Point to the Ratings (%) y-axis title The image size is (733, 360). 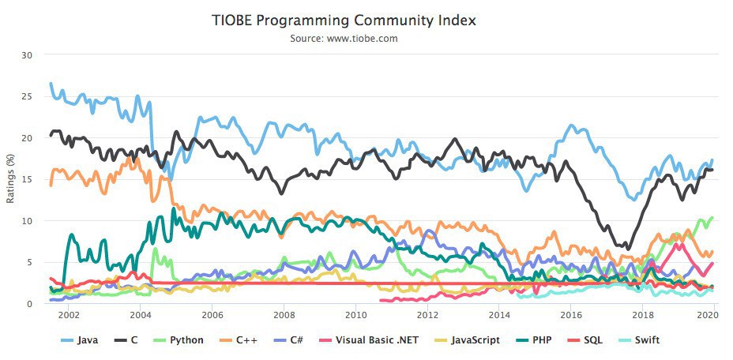[10, 179]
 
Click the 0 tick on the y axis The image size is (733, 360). [30, 303]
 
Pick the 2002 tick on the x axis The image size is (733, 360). [69, 315]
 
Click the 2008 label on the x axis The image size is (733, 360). [284, 315]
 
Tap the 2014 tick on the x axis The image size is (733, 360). [499, 315]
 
